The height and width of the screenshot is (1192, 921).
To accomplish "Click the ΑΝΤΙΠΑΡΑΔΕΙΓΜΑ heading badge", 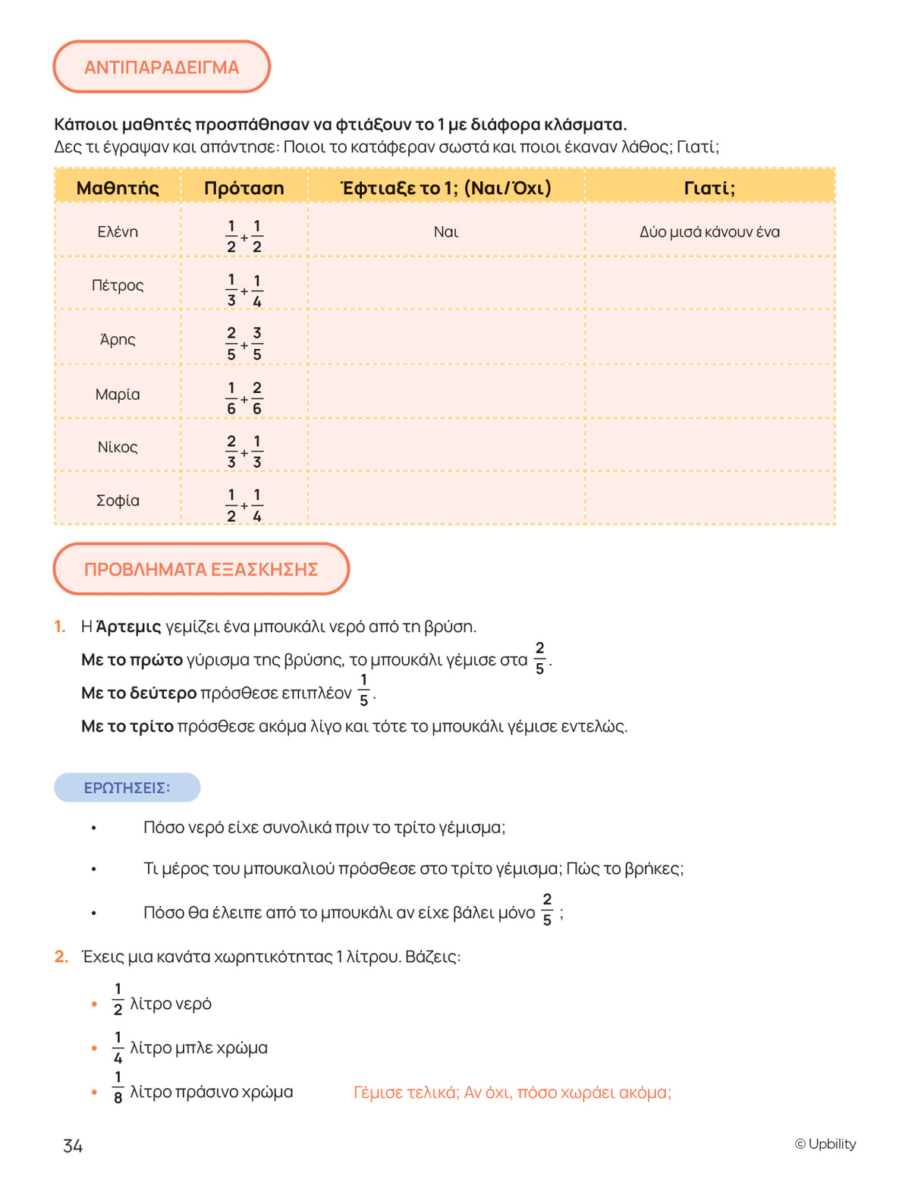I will click(162, 68).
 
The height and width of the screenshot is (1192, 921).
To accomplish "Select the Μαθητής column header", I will click(118, 187).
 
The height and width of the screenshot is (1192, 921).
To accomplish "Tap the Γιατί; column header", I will click(709, 187).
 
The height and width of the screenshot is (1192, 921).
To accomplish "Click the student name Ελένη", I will click(118, 231).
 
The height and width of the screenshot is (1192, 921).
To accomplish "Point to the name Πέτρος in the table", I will click(118, 285).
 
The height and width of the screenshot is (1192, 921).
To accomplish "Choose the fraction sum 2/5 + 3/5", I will click(244, 344).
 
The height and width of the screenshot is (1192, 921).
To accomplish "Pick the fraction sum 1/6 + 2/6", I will click(244, 398).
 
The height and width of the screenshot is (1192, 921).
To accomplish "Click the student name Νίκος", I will click(118, 447).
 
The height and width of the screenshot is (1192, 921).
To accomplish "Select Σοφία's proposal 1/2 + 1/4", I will click(244, 505).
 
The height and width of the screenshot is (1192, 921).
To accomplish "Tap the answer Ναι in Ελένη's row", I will click(446, 231).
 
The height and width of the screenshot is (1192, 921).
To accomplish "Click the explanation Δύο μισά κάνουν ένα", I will click(709, 231).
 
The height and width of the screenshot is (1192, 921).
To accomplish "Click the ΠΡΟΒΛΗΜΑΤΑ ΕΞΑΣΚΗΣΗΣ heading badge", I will click(201, 569).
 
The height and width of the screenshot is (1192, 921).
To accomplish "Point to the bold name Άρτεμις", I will click(129, 627).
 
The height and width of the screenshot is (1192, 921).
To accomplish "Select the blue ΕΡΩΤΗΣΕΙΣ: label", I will click(127, 788).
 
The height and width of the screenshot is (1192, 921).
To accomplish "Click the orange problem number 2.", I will click(61, 956).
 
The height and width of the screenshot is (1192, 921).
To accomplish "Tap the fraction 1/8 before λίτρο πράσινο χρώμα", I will click(118, 1087).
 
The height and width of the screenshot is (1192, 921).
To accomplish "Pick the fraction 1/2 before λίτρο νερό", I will click(118, 999).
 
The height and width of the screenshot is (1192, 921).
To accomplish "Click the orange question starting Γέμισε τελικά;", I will click(512, 1093).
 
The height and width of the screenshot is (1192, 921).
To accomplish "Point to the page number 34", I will click(73, 1146).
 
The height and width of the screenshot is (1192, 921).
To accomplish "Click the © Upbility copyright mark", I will click(825, 1143).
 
